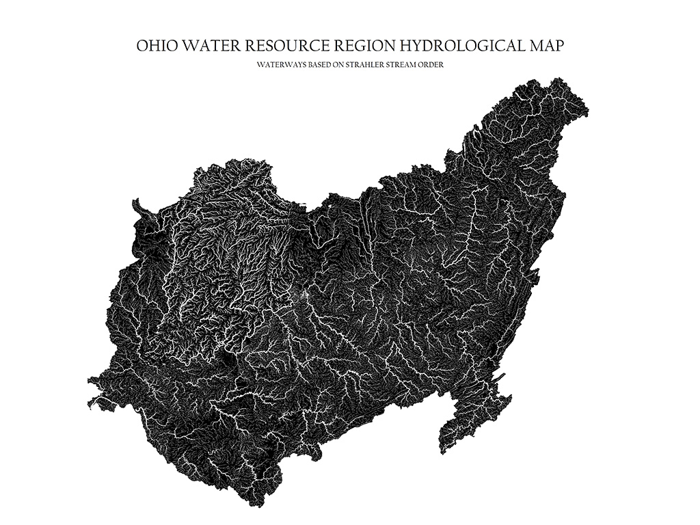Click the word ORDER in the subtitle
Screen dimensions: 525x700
pyautogui.click(x=436, y=65)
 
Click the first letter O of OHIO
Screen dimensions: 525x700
pyautogui.click(x=142, y=46)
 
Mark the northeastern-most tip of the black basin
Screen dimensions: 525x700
pyautogui.click(x=586, y=109)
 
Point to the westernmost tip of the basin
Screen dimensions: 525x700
pyautogui.click(x=90, y=380)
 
